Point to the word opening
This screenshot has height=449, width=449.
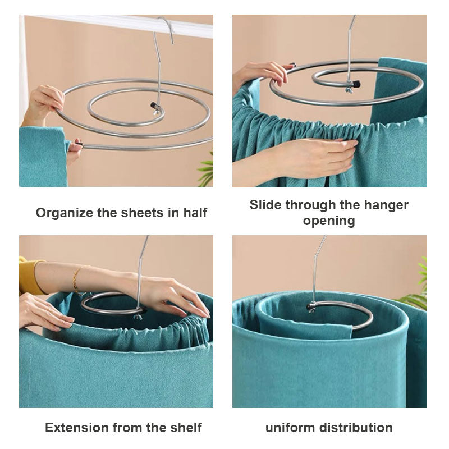[x=329, y=221]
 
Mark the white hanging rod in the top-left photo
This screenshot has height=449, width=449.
[x=112, y=24]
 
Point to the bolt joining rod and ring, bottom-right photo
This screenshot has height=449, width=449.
[x=310, y=307]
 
